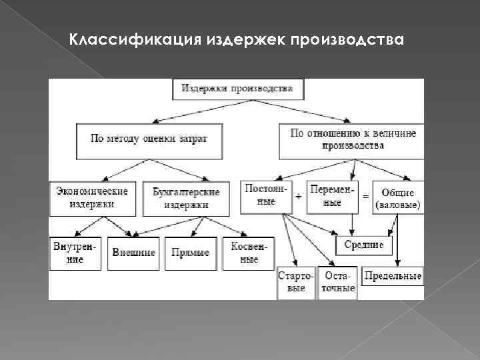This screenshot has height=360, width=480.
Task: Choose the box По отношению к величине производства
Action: point(353,139)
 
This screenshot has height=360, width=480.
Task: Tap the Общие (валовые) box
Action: point(398,198)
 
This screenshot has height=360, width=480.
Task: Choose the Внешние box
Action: point(134,253)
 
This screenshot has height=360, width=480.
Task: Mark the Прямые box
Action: point(190,253)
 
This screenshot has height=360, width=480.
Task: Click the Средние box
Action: point(364,245)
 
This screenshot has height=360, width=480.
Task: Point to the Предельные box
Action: point(393,276)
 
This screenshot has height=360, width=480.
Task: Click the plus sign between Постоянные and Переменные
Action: point(298,197)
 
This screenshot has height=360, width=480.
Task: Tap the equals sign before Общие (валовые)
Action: point(365,197)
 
